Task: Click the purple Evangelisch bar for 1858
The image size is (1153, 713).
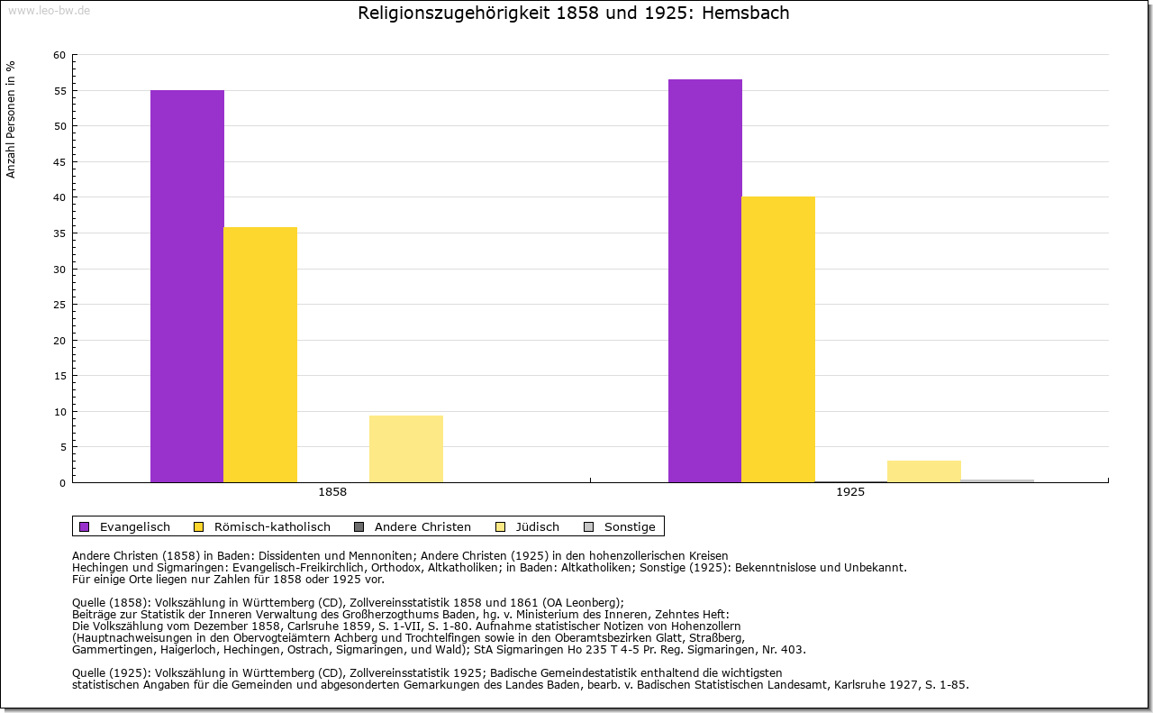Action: [x=187, y=287]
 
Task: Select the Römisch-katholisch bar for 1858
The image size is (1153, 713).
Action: [x=260, y=355]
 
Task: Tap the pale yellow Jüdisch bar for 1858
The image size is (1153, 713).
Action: [x=406, y=449]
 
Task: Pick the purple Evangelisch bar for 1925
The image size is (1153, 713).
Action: [x=705, y=281]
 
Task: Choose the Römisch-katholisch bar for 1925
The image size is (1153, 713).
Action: [x=778, y=340]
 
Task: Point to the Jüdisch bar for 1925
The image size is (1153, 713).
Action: [x=924, y=471]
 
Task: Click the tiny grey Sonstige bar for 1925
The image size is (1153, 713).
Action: [x=997, y=480]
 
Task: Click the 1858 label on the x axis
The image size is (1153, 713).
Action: [x=332, y=493]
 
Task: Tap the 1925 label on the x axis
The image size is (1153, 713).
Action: [x=850, y=493]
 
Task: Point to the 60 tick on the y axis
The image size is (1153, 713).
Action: [x=59, y=55]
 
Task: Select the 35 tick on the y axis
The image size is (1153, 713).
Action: [x=59, y=233]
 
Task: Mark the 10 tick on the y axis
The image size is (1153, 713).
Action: [x=59, y=412]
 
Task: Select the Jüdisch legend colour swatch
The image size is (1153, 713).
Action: [x=501, y=527]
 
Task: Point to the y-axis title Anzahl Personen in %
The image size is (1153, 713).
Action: [x=11, y=119]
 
